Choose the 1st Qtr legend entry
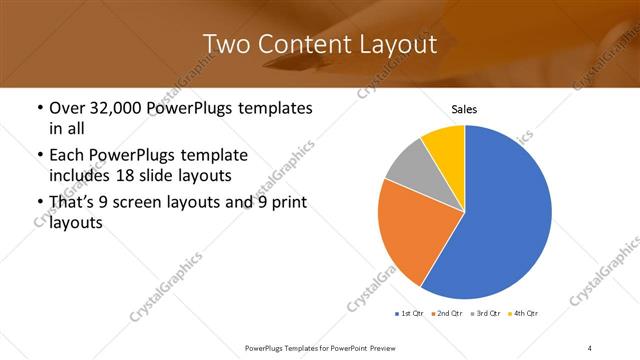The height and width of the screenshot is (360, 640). click(x=410, y=314)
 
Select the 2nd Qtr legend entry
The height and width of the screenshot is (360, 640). click(x=446, y=314)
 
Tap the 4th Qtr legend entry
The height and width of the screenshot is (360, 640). click(x=524, y=314)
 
